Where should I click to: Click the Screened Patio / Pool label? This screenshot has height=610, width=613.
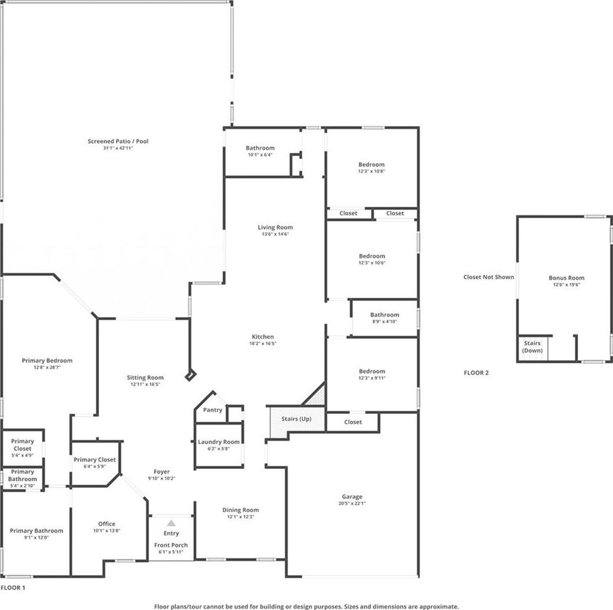coord(118,141)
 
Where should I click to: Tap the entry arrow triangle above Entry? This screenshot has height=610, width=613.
coord(171,523)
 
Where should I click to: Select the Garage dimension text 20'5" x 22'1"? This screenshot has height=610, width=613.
coord(352,503)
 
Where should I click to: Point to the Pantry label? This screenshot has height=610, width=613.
coord(213,410)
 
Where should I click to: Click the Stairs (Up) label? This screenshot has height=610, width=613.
coord(296,419)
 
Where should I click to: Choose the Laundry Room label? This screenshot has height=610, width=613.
coord(219,442)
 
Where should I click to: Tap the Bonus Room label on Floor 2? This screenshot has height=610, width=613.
coord(566,277)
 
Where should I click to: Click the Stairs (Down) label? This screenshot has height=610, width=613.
coord(533,347)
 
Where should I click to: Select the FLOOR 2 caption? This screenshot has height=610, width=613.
coord(476,373)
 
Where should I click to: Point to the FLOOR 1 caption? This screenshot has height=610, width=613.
coord(13,587)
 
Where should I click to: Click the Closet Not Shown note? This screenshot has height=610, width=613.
coord(489,277)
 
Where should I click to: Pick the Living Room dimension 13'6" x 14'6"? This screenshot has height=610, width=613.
coord(275,234)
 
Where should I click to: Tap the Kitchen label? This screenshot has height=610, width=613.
coord(263,337)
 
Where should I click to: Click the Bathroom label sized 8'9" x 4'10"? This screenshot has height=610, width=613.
coord(385,315)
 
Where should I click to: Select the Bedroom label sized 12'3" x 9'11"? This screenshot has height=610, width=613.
coord(372,371)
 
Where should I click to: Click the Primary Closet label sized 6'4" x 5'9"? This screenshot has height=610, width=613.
coord(95,460)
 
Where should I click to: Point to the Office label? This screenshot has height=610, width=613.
coord(107,523)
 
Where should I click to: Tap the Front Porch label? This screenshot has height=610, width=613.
coord(171,545)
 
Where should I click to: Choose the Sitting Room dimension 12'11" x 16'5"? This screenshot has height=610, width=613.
coord(145,384)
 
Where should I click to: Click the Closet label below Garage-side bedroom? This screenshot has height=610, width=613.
coord(353,422)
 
